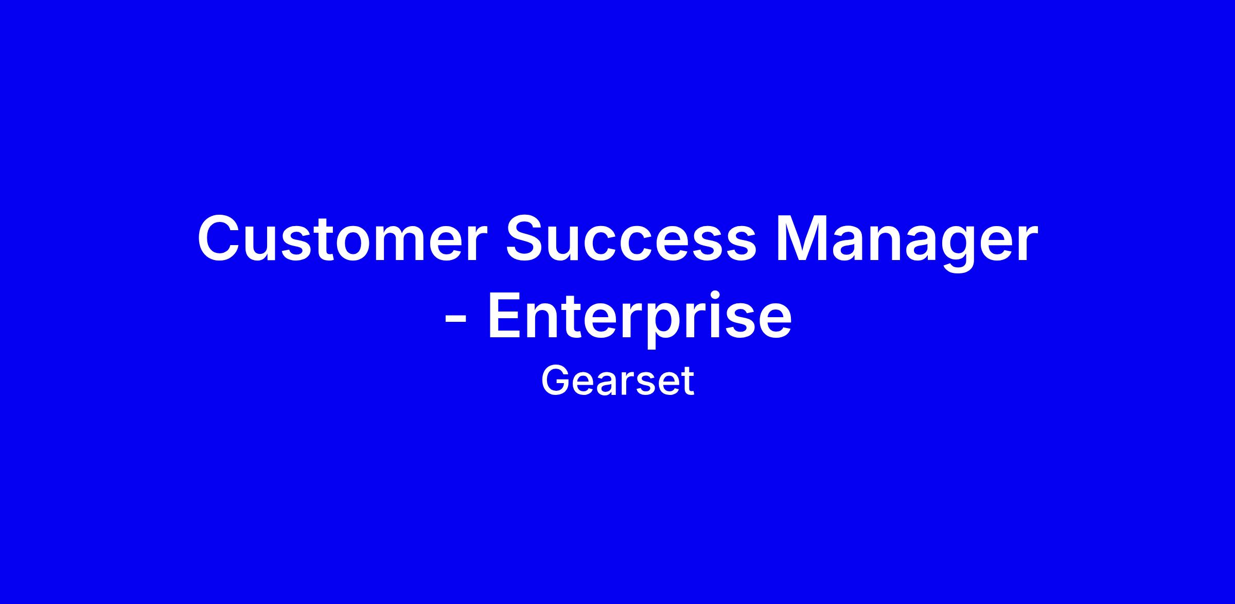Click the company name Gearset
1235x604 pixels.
pos(617,381)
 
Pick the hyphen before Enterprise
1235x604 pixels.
pos(455,320)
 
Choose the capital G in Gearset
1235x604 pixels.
pos(556,381)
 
